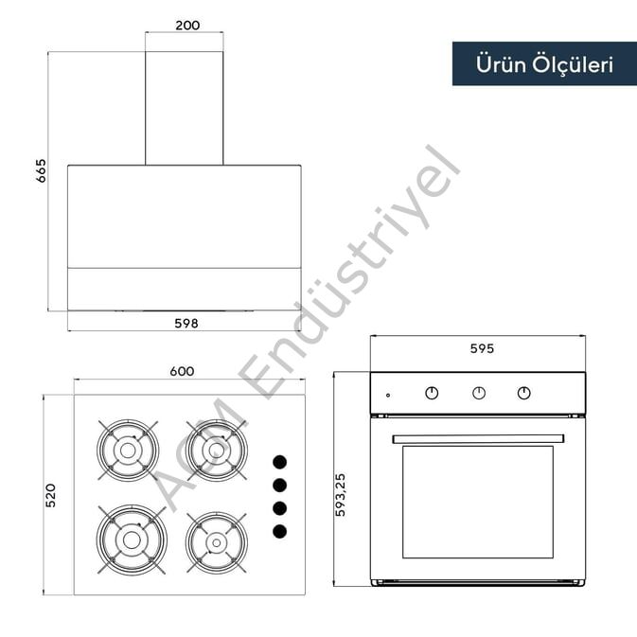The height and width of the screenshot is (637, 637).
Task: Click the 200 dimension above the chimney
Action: tap(187, 26)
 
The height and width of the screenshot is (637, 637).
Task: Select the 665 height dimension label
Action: tap(41, 170)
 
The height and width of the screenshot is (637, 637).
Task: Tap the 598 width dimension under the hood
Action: tap(186, 324)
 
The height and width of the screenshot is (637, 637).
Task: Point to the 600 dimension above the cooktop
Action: tap(182, 371)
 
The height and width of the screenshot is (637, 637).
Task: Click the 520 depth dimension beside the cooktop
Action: tap(50, 495)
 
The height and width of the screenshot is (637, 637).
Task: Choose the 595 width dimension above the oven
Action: tap(482, 348)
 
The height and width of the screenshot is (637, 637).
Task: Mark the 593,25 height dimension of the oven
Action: tap(340, 495)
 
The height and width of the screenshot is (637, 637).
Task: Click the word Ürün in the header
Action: tap(501, 64)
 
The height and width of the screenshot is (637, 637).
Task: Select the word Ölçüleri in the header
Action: tap(573, 64)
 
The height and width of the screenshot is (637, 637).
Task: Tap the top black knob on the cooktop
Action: tap(279, 462)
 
